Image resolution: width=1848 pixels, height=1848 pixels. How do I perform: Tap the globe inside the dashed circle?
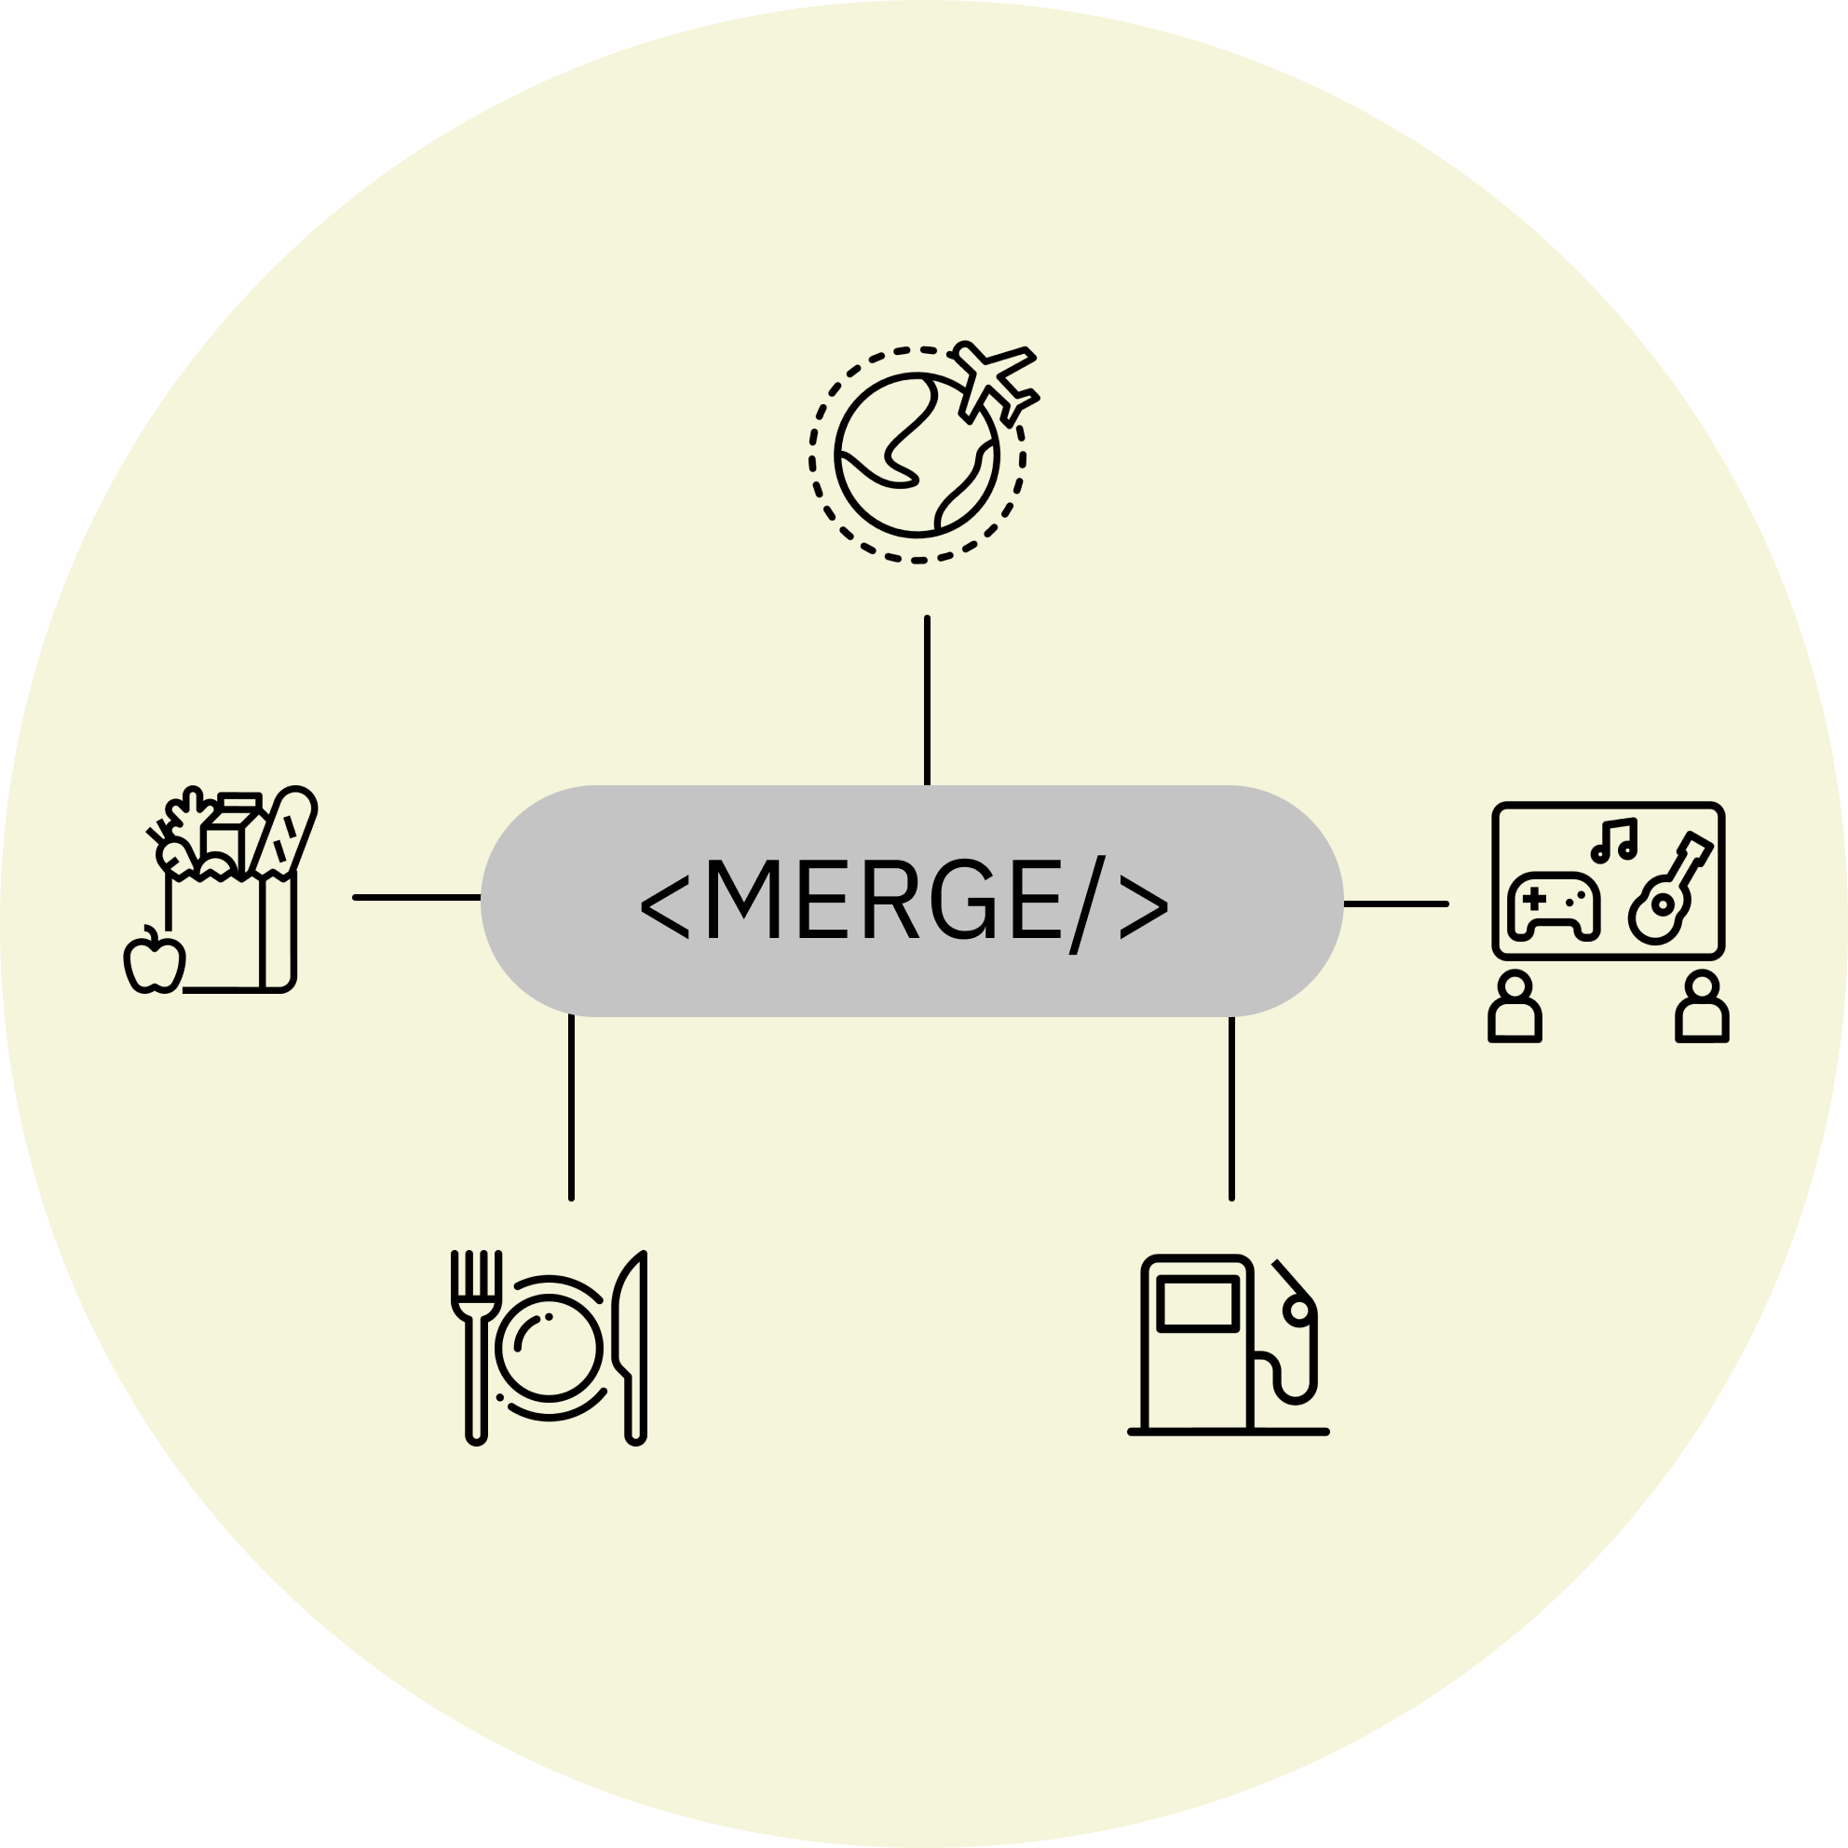917,454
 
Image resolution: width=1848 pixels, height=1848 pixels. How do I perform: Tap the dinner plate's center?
549,1350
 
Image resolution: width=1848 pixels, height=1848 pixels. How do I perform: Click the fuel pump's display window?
1196,1304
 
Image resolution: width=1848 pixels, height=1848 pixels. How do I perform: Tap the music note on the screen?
1614,839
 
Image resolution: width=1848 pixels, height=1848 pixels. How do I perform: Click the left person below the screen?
1515,1007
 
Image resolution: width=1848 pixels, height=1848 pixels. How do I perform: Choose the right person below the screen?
1702,1007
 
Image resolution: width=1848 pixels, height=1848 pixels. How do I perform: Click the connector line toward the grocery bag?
416,897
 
